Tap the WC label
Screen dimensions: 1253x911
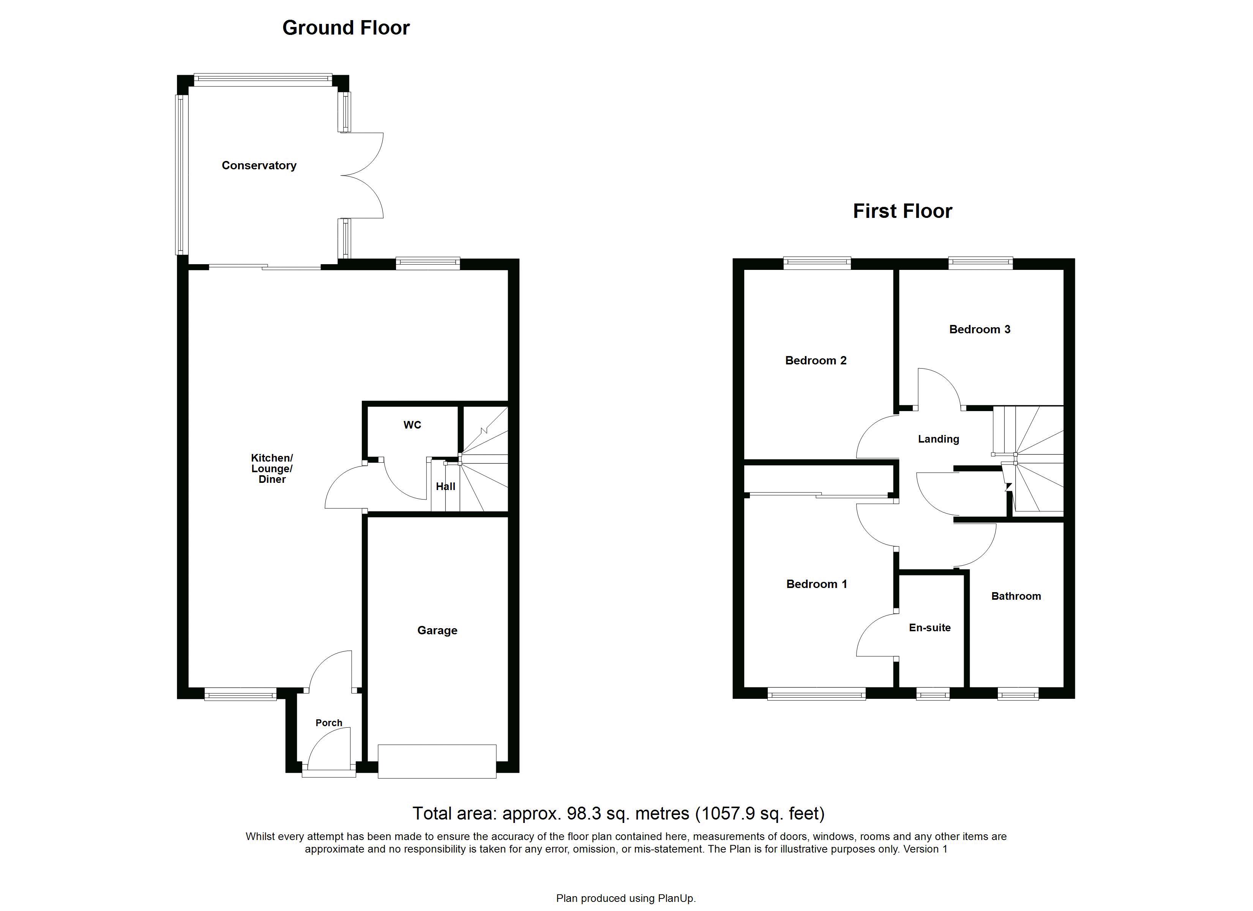tap(412, 425)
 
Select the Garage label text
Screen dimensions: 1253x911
tap(437, 630)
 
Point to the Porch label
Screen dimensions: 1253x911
tap(329, 723)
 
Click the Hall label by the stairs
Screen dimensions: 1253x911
tap(445, 486)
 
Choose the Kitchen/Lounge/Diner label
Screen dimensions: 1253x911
tap(272, 468)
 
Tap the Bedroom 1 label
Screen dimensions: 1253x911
tap(817, 584)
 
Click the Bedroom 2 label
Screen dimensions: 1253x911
tap(816, 360)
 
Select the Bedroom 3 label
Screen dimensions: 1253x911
tap(980, 329)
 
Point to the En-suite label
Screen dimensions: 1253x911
tap(930, 627)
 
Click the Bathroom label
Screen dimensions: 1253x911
tap(1016, 596)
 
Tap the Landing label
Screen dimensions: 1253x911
tap(938, 439)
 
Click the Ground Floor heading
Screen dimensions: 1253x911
tap(346, 28)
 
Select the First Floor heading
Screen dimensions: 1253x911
tap(902, 211)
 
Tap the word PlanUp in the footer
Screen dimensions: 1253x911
tap(675, 898)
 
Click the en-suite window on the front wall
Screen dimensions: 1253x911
tap(933, 693)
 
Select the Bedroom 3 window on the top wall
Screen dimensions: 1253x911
tap(981, 263)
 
